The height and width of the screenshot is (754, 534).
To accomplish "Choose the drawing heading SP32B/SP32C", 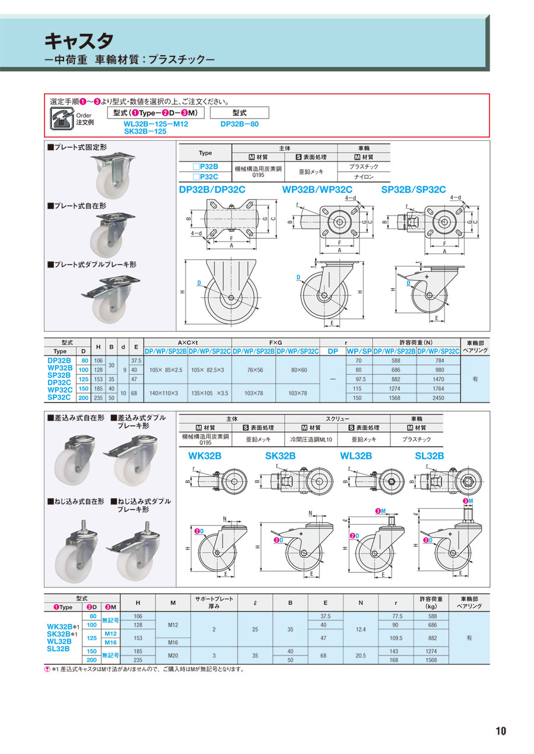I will pos(414,189).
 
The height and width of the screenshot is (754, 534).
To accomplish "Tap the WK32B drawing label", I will pos(205,456).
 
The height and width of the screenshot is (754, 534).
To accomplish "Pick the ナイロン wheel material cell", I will pos(364,177).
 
